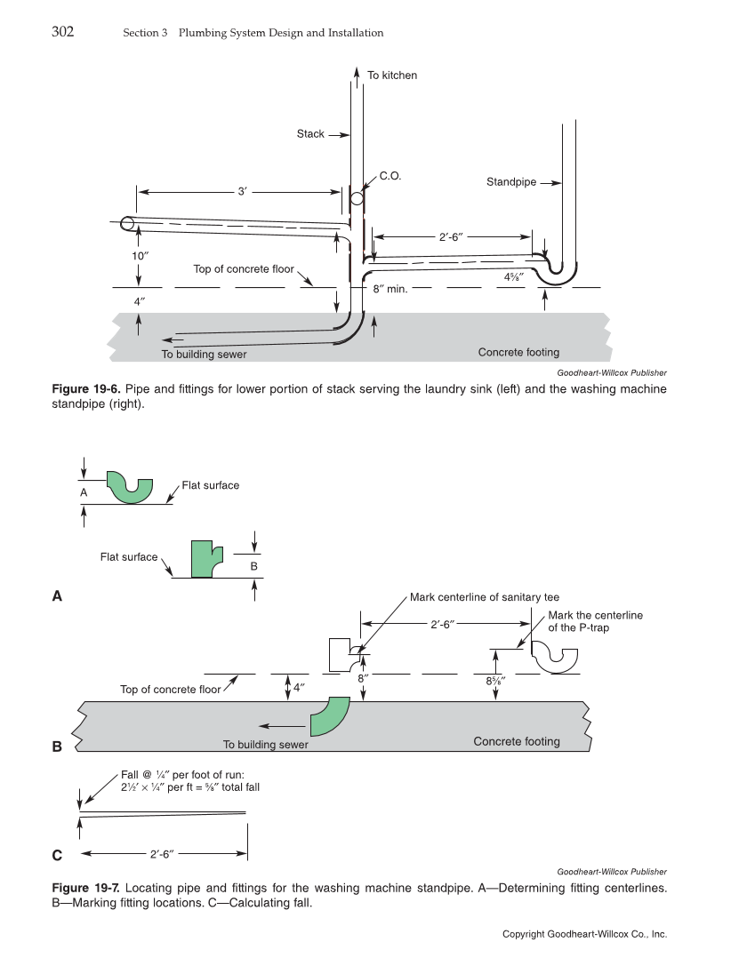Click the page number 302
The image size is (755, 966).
click(62, 32)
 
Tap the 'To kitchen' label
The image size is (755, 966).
click(391, 76)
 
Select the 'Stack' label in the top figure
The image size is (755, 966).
click(310, 134)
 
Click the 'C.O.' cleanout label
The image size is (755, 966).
click(390, 176)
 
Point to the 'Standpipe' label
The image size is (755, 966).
click(510, 182)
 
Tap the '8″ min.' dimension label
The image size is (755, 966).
click(390, 289)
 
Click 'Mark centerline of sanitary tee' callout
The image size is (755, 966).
click(485, 597)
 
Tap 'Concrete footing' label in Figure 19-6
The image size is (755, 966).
click(518, 353)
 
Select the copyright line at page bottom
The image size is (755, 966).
click(584, 934)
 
